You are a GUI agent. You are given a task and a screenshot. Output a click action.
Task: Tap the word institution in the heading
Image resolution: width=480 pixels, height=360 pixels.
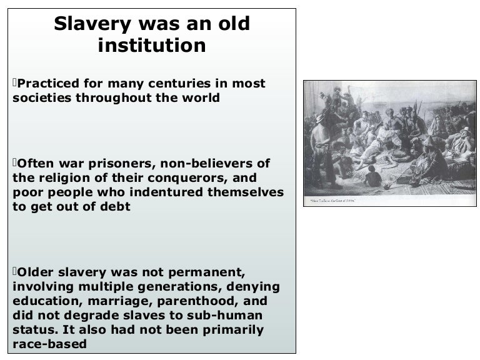click(x=152, y=46)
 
